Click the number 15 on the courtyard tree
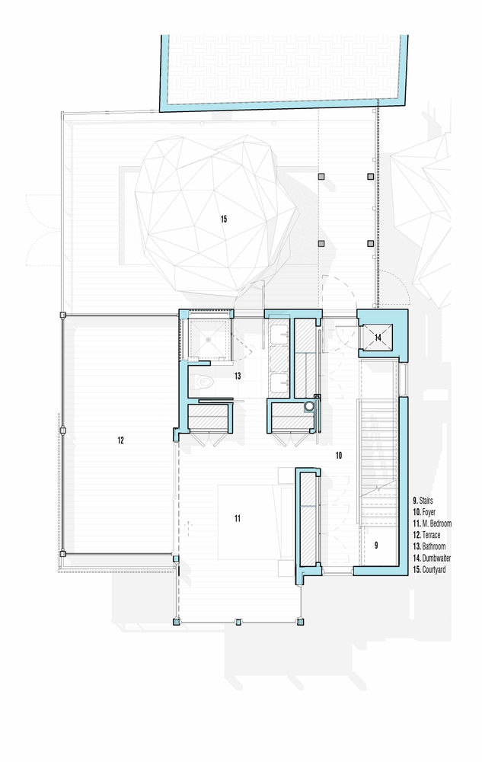pyautogui.click(x=224, y=219)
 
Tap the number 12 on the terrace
pyautogui.click(x=120, y=440)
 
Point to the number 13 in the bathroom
pyautogui.click(x=238, y=376)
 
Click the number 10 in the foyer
pyautogui.click(x=338, y=455)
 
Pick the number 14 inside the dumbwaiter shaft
pyautogui.click(x=378, y=336)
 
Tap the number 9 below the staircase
pyautogui.click(x=376, y=546)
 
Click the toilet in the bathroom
pyautogui.click(x=203, y=380)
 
